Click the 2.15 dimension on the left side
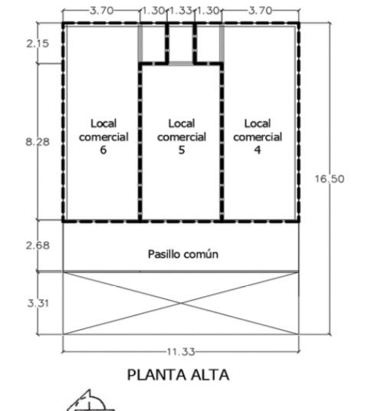tap(38, 44)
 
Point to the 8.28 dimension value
tap(38, 142)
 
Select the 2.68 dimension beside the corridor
tap(38, 245)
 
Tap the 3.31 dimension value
tap(38, 304)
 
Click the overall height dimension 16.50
tap(330, 179)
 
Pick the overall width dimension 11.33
tap(181, 352)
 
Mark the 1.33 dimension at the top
tap(181, 11)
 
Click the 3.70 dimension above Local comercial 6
tap(102, 11)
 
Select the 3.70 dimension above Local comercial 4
tap(260, 11)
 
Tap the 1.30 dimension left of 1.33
tap(153, 11)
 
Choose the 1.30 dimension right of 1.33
tap(208, 11)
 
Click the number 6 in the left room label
tap(103, 150)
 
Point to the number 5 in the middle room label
tap(182, 150)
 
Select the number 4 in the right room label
tap(258, 150)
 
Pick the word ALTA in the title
tap(210, 375)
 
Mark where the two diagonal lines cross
tap(181, 304)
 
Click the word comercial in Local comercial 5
tap(182, 137)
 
